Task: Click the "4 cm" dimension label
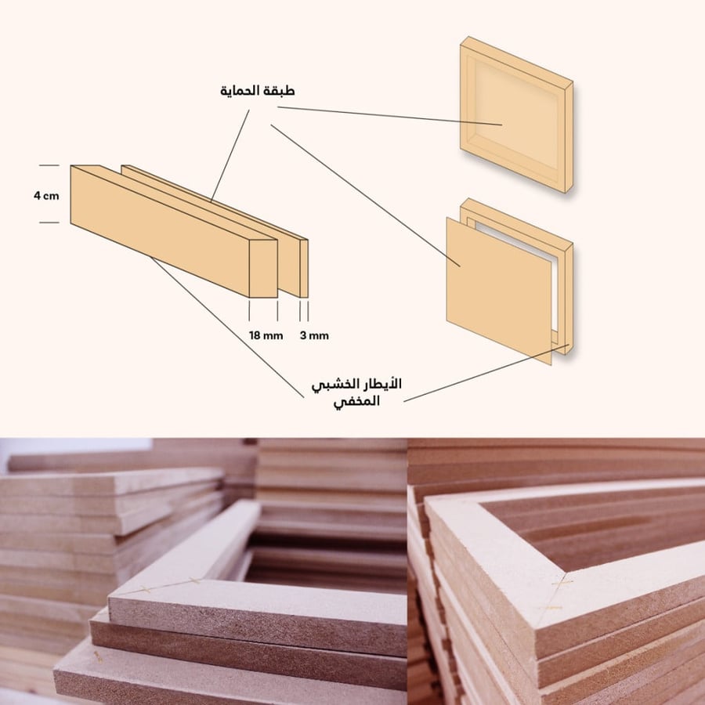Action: [46, 196]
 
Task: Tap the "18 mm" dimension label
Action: [266, 335]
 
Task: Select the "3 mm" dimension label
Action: [314, 335]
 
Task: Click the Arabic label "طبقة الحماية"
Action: [258, 91]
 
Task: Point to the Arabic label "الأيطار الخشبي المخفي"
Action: [356, 392]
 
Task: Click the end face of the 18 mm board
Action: [263, 269]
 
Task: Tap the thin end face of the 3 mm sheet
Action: [304, 269]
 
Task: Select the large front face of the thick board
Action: [160, 232]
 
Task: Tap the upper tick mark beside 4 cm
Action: [49, 165]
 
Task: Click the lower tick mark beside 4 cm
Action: [49, 222]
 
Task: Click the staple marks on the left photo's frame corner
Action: [170, 585]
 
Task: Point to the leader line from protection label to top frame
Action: [390, 116]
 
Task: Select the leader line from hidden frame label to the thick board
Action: [227, 327]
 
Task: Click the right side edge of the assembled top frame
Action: [569, 137]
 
